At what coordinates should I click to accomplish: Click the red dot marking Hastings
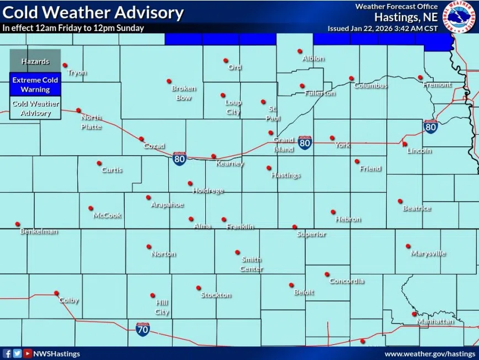pos(269,168)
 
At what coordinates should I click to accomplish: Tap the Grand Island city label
pos(284,145)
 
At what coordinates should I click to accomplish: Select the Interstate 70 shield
pos(142,330)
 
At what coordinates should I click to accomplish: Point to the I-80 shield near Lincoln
pos(431,127)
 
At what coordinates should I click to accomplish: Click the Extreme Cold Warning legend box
pos(35,84)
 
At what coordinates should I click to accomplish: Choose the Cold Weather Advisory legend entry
pos(35,108)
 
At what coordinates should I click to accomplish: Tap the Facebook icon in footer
pos(7,353)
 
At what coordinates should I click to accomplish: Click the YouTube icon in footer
pos(27,353)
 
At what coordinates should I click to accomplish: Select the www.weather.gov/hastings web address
pos(429,353)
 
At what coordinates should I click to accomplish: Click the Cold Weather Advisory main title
pos(93,12)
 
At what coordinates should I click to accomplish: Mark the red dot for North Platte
pos(78,110)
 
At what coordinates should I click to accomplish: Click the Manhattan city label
pos(435,321)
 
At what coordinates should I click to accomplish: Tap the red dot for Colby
pos(56,293)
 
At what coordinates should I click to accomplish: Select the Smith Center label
pos(251,264)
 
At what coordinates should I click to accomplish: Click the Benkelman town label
pos(39,231)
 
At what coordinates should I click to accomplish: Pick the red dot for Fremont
pos(420,77)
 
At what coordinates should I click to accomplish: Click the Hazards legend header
pos(35,61)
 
